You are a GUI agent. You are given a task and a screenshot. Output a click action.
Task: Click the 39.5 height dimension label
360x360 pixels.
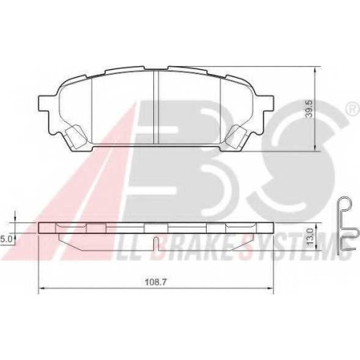310,109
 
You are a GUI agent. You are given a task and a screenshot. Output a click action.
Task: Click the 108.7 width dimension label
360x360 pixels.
156,282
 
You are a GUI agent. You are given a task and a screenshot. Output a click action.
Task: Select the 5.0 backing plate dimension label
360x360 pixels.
5,240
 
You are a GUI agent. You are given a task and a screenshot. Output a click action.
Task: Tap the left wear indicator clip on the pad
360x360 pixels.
76,135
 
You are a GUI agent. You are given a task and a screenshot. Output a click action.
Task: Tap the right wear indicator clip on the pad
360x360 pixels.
237,135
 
